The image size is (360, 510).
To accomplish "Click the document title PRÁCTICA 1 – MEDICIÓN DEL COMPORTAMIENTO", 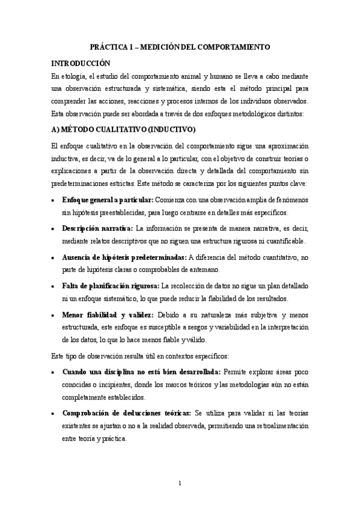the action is pyautogui.click(x=180, y=46).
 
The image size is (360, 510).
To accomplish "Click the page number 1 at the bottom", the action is pyautogui.click(x=180, y=483).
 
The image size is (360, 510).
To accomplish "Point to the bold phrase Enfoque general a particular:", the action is pyautogui.click(x=108, y=200).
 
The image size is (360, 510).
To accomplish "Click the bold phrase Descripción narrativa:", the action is pyautogui.click(x=97, y=228).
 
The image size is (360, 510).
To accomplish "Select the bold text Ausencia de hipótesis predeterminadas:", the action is pyautogui.click(x=124, y=257).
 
